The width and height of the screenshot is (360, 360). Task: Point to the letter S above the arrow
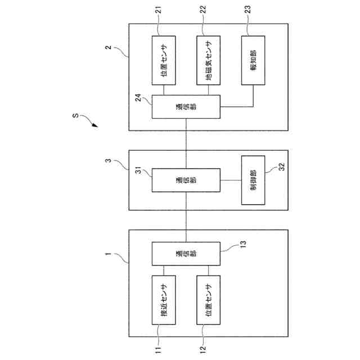tap(75, 117)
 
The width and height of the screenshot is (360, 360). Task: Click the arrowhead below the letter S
tap(93, 127)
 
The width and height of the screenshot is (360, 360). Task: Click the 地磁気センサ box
tap(208, 60)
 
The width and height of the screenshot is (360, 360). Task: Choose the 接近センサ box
tap(164, 300)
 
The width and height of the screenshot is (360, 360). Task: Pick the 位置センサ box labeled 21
tap(164, 60)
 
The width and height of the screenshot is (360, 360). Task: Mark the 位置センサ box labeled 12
tap(208, 300)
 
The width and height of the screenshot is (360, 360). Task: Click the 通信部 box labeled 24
tap(186, 107)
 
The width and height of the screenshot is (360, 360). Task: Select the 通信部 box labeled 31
tap(186, 180)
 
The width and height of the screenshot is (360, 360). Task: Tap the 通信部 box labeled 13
tap(186, 253)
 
